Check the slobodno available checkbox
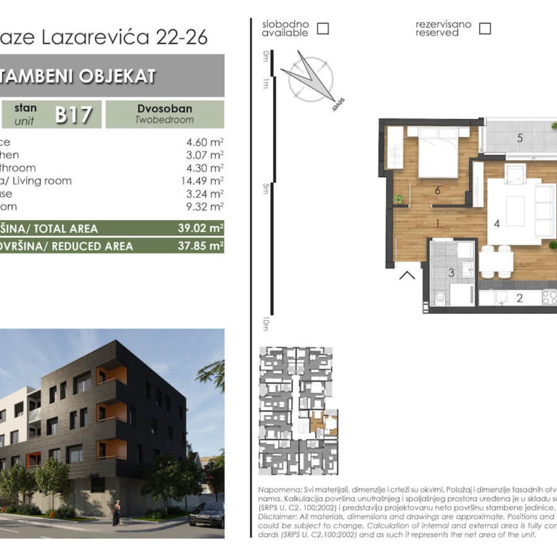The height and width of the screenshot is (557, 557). coord(323,29)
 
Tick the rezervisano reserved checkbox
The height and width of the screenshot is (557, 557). coord(485,29)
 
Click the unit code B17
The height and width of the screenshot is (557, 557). coord(74,114)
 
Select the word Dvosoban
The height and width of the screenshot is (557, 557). coord(164,109)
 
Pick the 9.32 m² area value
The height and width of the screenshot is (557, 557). coord(204,206)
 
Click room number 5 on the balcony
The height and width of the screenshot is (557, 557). coord(520,137)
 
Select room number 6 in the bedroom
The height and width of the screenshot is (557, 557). coord(437,189)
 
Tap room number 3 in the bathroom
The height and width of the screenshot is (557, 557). coord(451,272)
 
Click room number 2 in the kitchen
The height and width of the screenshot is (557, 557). coord(519,298)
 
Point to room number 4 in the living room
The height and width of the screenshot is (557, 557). coord(496,224)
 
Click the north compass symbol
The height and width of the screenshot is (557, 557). coord(310,77)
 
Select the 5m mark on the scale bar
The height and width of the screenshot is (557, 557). coord(265,189)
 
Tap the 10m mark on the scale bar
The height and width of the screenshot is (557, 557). coord(265,323)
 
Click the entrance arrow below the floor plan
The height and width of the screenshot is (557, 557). coord(408,274)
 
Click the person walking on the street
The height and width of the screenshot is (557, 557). coord(116,513)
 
